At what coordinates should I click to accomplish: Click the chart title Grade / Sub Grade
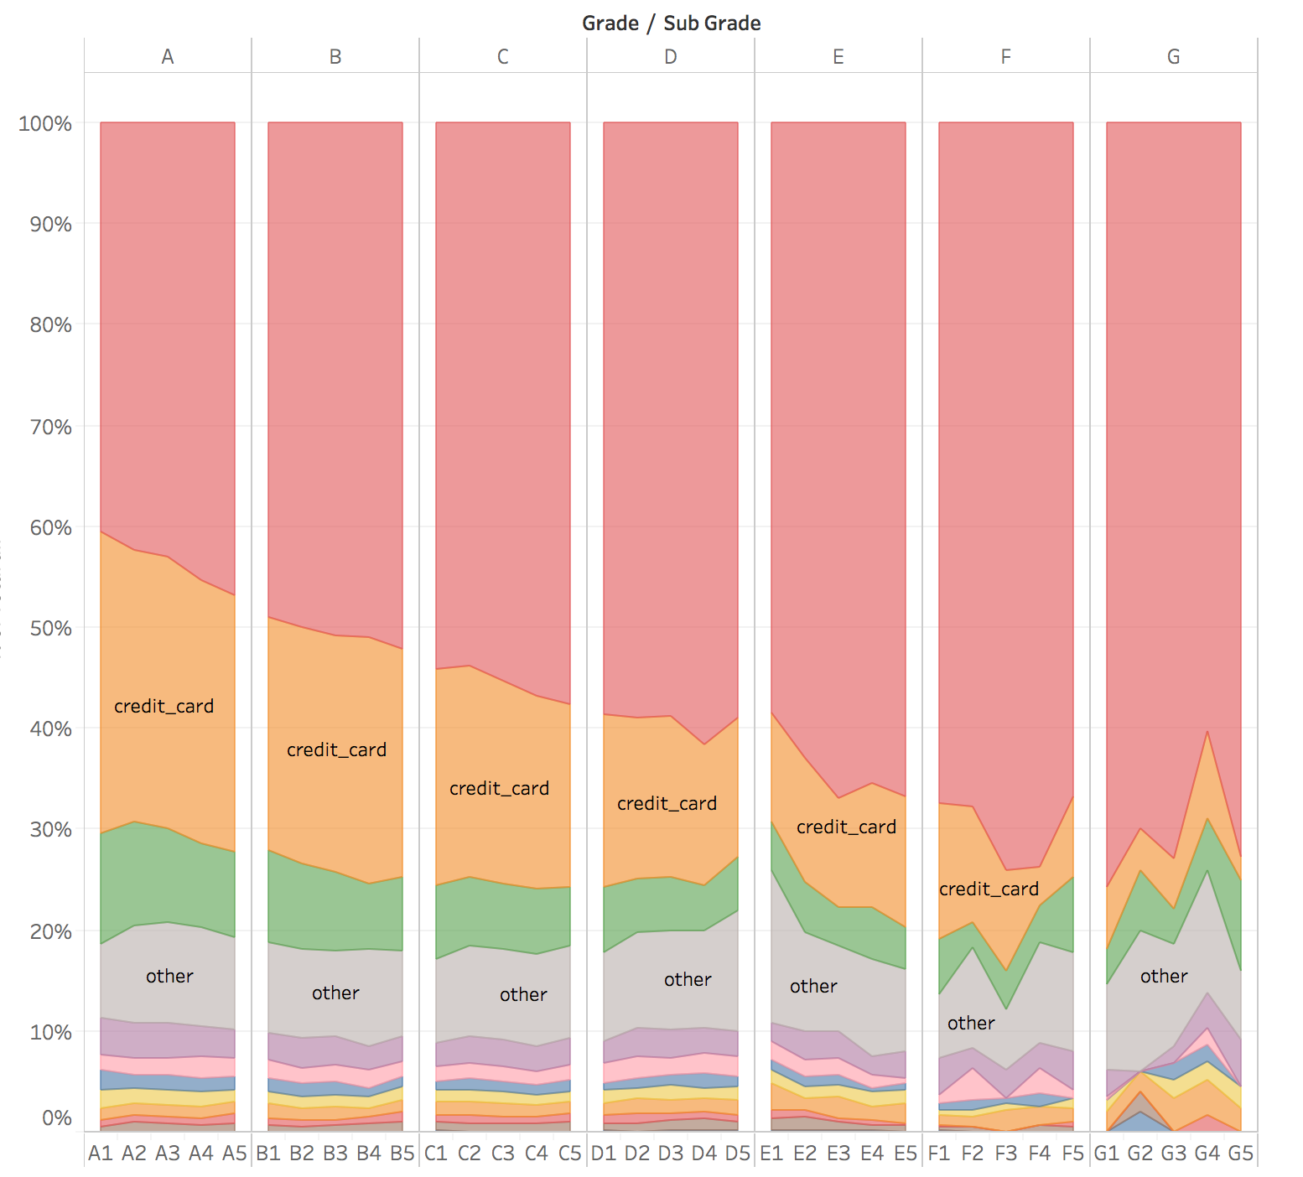pos(671,23)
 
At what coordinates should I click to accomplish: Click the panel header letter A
pos(168,57)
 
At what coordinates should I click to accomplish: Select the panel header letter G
pos(1173,57)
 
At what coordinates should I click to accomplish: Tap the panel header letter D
pos(671,57)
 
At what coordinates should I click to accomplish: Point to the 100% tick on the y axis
pos(45,124)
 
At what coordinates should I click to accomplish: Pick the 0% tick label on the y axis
pos(56,1117)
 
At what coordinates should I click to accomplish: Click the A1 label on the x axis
pos(101,1154)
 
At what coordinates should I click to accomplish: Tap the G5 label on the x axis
pos(1240,1154)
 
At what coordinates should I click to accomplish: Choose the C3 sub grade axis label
pos(503,1154)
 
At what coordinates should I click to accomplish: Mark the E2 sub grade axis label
pos(805,1154)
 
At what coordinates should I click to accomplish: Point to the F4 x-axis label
pos(1040,1154)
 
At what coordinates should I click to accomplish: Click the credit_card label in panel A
pos(164,707)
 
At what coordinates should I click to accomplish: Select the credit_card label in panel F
pos(989,889)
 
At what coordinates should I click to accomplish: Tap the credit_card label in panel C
pos(500,789)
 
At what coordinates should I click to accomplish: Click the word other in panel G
pos(1164,977)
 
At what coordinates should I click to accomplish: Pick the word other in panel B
pos(335,993)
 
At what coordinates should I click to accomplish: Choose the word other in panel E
pos(813,987)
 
